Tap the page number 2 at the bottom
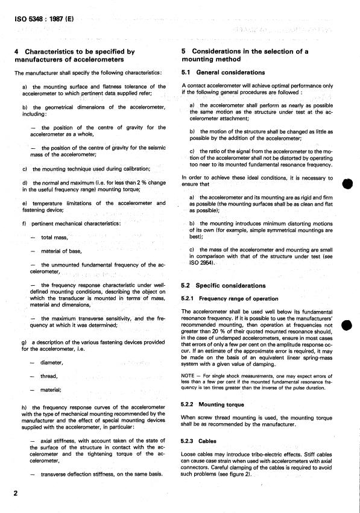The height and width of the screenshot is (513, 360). [x=16, y=494]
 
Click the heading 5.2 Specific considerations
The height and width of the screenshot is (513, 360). [x=223, y=285]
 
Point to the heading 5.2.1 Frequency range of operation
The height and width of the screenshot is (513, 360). [x=230, y=298]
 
